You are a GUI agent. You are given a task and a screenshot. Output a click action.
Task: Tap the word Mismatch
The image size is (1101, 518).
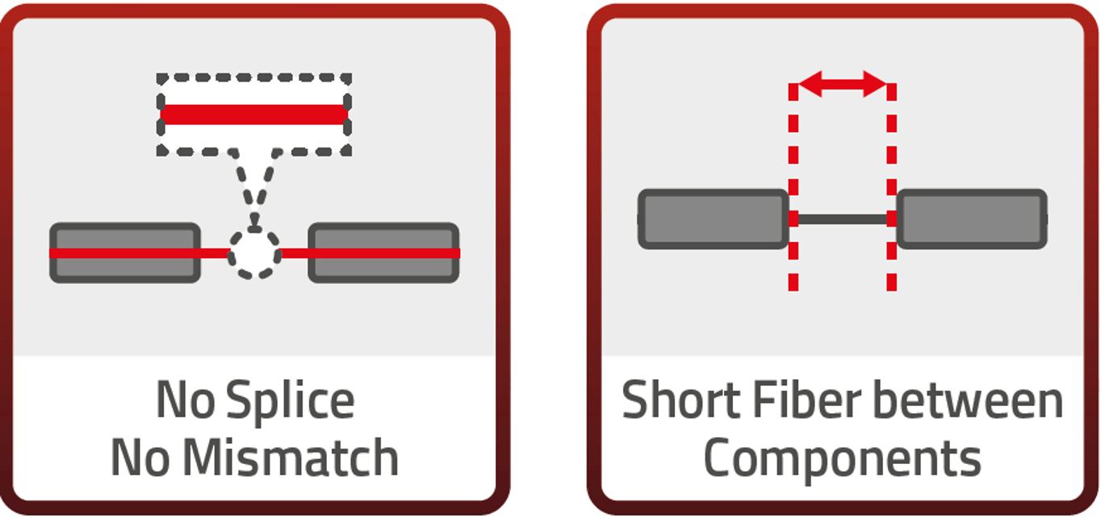click(290, 457)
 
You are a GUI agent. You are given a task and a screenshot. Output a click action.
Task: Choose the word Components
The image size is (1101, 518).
click(842, 457)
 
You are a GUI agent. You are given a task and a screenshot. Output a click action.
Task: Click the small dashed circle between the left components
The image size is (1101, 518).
click(255, 253)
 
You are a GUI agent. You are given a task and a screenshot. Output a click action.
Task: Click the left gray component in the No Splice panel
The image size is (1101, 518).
click(125, 266)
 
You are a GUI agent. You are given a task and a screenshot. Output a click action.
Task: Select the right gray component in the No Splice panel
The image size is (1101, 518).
click(383, 266)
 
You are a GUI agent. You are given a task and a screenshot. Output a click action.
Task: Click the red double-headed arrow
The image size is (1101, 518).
click(843, 83)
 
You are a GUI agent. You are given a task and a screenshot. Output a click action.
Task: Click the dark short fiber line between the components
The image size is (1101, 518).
click(843, 219)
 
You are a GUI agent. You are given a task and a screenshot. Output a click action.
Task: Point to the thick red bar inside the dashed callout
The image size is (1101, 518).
click(254, 115)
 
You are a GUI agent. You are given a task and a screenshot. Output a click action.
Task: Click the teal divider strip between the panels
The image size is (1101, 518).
click(548, 258)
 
